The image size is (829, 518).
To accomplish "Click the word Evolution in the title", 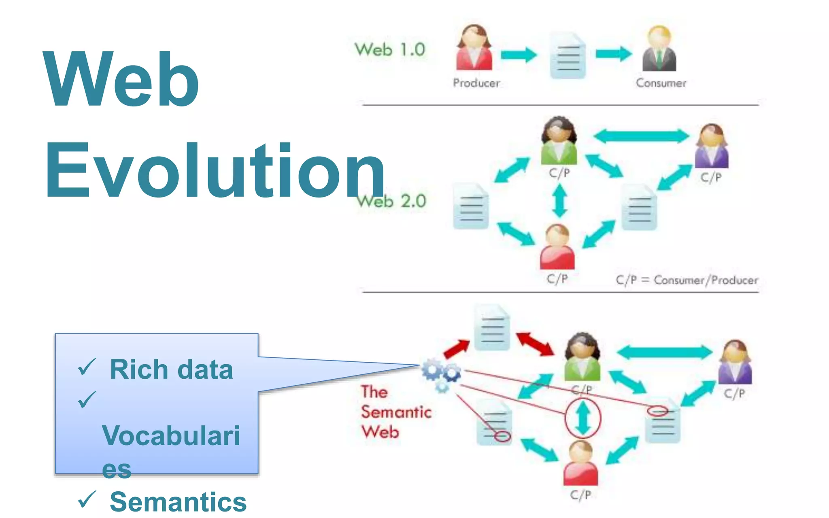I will click(x=215, y=171).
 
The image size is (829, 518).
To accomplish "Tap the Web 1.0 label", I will click(x=390, y=50).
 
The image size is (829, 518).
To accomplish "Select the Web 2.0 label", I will click(x=392, y=201).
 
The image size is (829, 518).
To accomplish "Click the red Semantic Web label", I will click(x=395, y=412).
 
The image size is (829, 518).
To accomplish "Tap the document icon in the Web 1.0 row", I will click(x=568, y=56).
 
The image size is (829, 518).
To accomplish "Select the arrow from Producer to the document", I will click(x=519, y=55).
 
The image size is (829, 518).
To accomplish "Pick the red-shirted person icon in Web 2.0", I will click(x=557, y=247).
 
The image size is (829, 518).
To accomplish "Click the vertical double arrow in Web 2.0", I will click(x=560, y=201).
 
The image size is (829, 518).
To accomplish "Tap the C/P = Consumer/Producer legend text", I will click(x=687, y=280).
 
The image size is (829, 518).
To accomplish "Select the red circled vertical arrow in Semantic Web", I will click(x=582, y=418).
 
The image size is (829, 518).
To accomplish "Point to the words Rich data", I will click(x=171, y=369).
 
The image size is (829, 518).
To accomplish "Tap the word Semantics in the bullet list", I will click(x=178, y=502).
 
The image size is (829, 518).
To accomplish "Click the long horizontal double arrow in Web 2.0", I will click(x=642, y=136).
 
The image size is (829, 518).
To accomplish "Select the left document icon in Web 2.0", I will click(x=471, y=206).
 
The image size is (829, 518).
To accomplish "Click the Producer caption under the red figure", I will click(x=476, y=83).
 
